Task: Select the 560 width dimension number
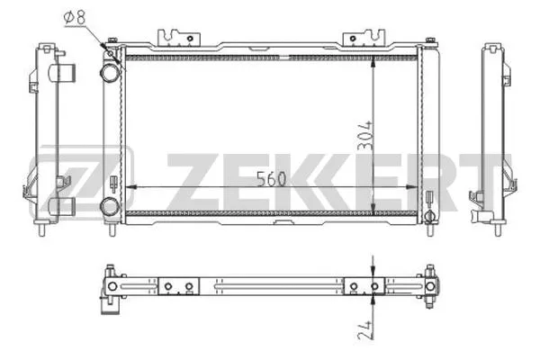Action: (x=270, y=177)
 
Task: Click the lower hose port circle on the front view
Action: (x=110, y=205)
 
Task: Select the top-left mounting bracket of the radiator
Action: (x=177, y=38)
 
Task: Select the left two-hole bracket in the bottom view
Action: (x=177, y=286)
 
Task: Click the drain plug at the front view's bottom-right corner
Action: (x=430, y=216)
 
